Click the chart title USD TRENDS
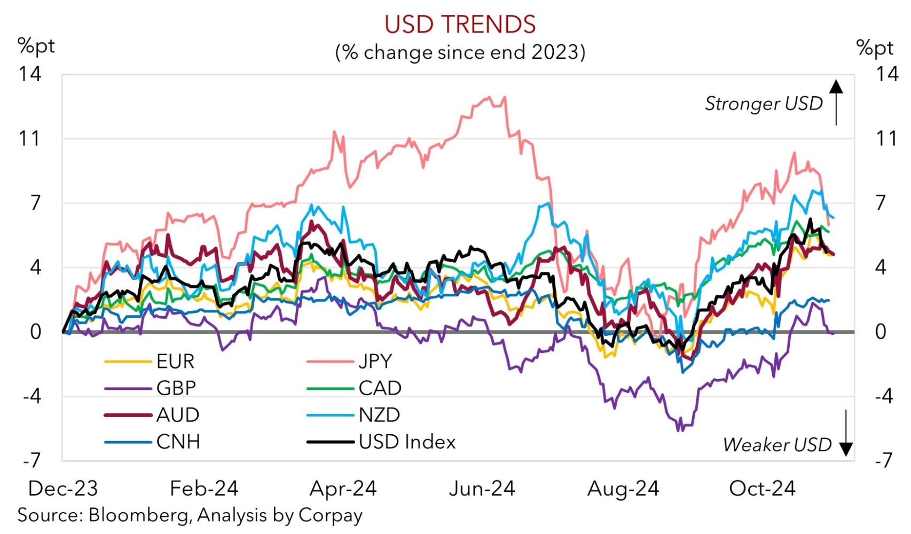460,25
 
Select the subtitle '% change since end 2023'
460,52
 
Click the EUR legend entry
175,362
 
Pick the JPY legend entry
375,362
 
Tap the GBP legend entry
176,388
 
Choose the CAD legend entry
380,388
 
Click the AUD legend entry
178,415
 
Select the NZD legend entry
379,415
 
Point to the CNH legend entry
178,442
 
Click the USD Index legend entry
407,442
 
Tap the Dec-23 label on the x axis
63,488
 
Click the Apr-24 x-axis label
343,488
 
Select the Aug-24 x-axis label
623,488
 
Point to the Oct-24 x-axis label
762,488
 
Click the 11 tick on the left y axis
30,139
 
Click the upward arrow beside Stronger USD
836,101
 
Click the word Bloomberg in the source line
138,515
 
